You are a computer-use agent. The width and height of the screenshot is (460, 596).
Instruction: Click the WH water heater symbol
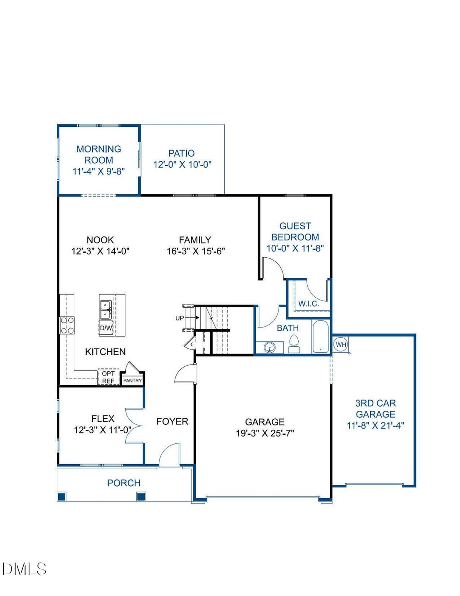[340, 344]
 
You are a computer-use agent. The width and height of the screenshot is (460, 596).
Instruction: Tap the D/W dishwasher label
[106, 328]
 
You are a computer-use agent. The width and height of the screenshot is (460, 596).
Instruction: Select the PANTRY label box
[133, 380]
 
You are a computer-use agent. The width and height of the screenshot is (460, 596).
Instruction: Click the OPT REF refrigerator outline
[109, 377]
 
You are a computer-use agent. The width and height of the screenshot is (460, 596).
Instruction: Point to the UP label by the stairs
[179, 318]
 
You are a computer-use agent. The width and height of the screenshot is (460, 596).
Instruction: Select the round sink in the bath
[269, 347]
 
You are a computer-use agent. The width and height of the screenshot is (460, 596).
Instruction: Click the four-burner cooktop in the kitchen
[67, 325]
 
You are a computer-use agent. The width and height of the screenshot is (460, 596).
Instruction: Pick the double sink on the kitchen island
[105, 310]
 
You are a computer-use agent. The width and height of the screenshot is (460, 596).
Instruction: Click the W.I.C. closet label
[308, 303]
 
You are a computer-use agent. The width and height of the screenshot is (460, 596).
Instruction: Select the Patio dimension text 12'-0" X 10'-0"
[182, 164]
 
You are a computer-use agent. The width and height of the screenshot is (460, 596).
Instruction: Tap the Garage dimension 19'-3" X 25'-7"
[265, 433]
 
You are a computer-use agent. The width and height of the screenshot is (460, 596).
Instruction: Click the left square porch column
[62, 497]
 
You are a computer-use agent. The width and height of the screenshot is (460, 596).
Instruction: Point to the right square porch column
[141, 497]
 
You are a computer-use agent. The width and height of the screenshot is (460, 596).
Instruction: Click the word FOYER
[172, 421]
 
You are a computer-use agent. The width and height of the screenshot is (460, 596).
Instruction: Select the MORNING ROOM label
[99, 154]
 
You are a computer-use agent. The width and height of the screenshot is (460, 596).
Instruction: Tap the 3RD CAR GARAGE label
[376, 408]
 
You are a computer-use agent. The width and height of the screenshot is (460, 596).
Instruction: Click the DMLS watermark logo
[24, 569]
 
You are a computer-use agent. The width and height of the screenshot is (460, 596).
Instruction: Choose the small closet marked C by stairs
[191, 344]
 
